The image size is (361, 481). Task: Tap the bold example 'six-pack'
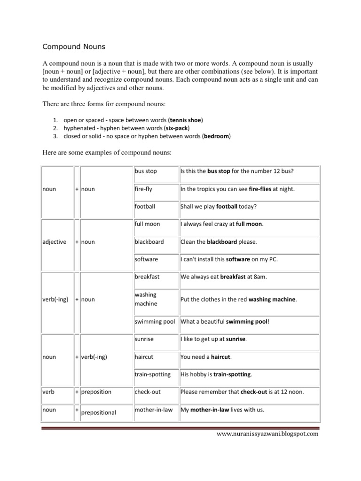[x=177, y=128]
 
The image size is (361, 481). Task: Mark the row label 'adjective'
[x=55, y=242]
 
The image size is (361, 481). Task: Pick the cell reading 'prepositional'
[x=99, y=413]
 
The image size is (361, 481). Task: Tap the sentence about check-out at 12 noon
[x=242, y=392]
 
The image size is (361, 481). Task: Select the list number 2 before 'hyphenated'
[x=55, y=128]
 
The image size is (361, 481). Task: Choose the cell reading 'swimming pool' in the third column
[x=155, y=321]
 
